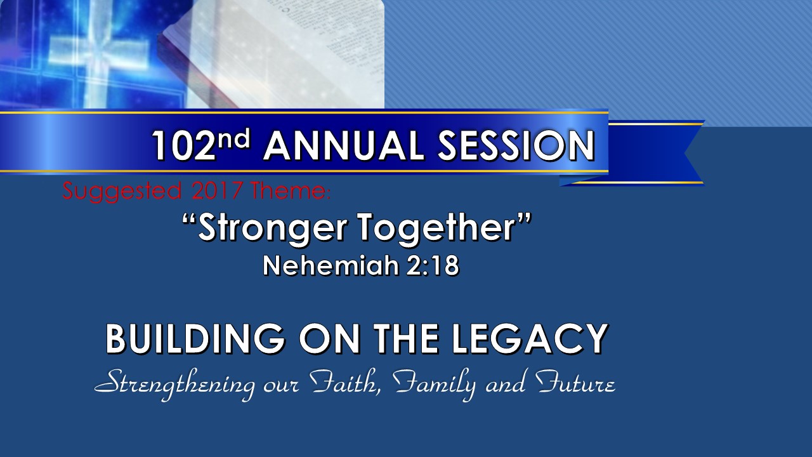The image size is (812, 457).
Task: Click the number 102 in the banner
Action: [x=183, y=146]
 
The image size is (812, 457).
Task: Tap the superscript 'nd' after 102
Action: [x=234, y=138]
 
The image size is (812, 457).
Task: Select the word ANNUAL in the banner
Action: [x=343, y=146]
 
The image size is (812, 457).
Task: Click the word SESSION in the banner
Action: [x=516, y=146]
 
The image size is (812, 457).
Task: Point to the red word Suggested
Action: [x=122, y=192]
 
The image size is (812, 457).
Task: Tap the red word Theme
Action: [x=290, y=190]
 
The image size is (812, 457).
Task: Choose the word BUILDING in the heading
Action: [x=196, y=338]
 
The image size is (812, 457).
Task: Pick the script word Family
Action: [x=435, y=385]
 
